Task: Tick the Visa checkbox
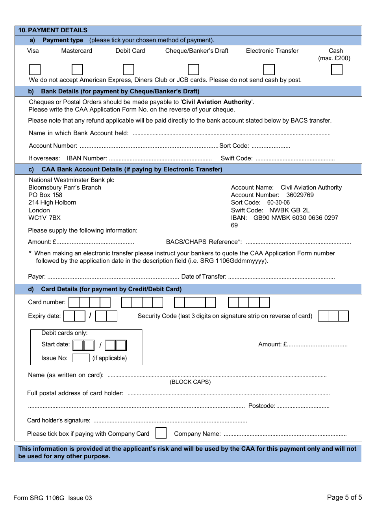[x=35, y=69]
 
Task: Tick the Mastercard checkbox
[x=77, y=69]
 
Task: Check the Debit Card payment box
[x=128, y=69]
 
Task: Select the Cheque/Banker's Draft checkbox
[x=193, y=69]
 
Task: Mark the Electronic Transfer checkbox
[x=269, y=69]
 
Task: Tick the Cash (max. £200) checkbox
[x=337, y=69]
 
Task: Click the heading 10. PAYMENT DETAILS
[x=53, y=30]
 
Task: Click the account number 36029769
[x=300, y=195]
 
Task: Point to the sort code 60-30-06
[x=278, y=203]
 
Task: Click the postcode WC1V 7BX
[x=44, y=218]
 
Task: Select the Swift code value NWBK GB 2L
[x=289, y=210]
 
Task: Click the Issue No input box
[x=81, y=358]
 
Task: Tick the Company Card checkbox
[x=161, y=433]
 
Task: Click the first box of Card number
[x=74, y=302]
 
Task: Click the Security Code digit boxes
[x=333, y=316]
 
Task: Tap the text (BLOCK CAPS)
[x=190, y=382]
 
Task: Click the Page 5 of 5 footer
[x=344, y=497]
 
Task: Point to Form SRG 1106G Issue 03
[x=53, y=498]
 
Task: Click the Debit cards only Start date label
[x=56, y=344]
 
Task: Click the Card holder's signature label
[x=59, y=420]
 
